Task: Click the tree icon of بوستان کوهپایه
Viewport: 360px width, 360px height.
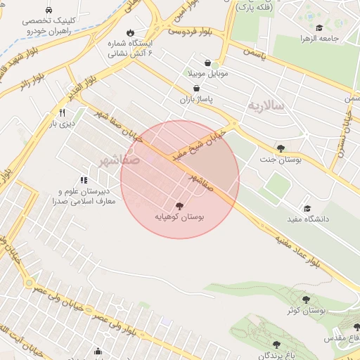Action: pos(179,206)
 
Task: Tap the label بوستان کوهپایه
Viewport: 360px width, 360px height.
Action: pos(179,218)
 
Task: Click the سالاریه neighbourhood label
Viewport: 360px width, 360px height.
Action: pos(266,105)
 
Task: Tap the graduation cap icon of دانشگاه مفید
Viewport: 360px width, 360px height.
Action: pos(306,208)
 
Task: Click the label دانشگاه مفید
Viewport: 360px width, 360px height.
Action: pos(306,219)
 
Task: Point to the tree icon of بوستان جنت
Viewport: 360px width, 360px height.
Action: pos(281,148)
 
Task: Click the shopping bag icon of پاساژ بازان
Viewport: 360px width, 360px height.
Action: pos(196,89)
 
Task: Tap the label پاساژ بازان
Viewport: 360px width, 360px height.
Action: pos(196,101)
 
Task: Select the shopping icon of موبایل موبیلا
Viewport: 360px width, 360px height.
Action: pos(206,62)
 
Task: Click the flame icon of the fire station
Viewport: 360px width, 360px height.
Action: pos(130,32)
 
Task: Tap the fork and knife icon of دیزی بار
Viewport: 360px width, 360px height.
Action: pos(62,112)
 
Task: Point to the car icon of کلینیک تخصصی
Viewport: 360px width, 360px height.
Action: pos(48,11)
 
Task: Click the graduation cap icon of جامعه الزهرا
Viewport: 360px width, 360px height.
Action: pos(319,28)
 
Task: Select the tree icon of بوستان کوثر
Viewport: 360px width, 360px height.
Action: pos(304,300)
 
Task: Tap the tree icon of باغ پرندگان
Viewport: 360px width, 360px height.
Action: pos(276,345)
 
